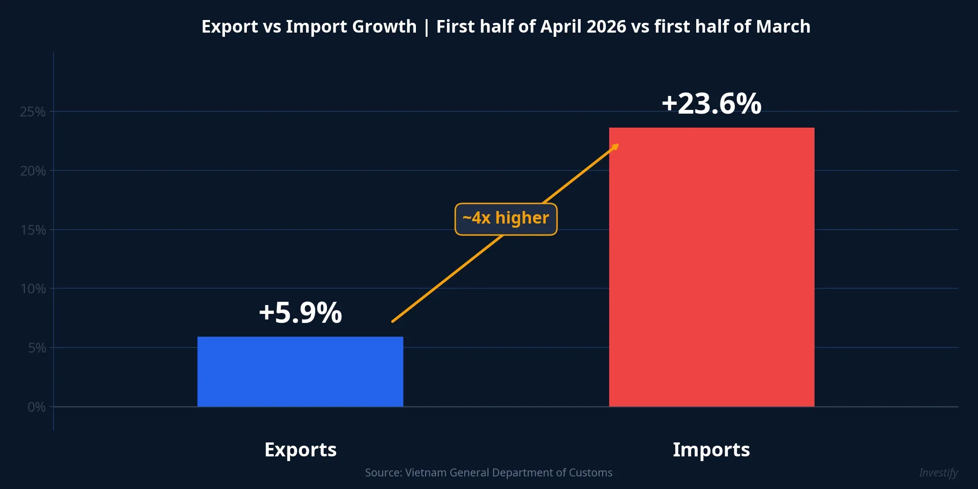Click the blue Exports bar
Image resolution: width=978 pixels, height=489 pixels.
[x=300, y=372]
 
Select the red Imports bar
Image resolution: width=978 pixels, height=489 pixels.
[x=711, y=267]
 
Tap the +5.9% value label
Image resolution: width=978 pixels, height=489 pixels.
[x=300, y=312]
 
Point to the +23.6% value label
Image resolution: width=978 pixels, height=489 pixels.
[x=711, y=103]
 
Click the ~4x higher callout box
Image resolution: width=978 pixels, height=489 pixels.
[x=506, y=219]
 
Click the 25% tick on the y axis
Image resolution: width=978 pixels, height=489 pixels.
[x=33, y=112]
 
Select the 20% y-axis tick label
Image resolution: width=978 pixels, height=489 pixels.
[x=33, y=171]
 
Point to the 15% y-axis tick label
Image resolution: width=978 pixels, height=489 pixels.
[x=33, y=230]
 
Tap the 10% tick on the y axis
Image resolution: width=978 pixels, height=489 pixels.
[x=33, y=289]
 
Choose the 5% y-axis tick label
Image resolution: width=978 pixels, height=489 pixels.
[x=36, y=348]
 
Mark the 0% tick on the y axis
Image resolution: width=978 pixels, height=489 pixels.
[x=36, y=407]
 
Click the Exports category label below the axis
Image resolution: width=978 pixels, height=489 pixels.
[x=300, y=450]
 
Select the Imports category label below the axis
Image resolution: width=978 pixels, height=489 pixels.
[x=711, y=450]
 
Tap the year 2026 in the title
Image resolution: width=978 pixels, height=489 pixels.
[x=606, y=27]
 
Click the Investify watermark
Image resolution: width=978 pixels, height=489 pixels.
[x=938, y=473]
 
